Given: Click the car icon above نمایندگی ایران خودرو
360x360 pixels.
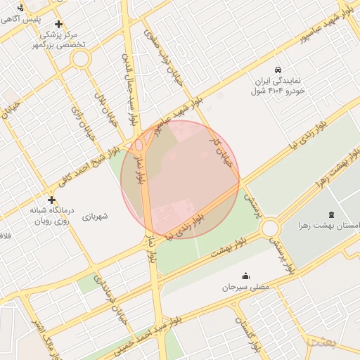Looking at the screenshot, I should (x=279, y=70).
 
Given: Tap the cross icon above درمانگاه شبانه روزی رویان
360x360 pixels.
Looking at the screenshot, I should (x=51, y=200).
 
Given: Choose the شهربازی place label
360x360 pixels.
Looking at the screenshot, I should (x=95, y=217).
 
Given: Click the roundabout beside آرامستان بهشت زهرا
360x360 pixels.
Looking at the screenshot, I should (x=271, y=229).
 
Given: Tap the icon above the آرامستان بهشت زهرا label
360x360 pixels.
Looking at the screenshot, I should (x=331, y=214).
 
